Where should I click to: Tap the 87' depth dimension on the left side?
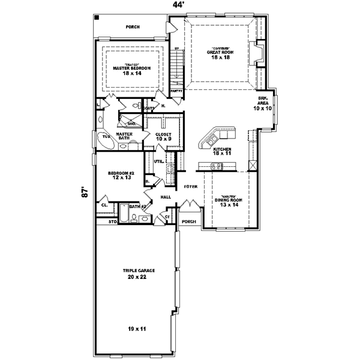86,193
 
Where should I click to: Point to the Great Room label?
219,53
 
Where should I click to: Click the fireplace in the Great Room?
259,53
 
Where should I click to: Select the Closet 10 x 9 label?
163,137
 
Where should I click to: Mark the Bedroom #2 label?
120,175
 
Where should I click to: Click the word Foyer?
191,187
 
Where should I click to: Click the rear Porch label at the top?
133,27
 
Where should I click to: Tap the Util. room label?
158,161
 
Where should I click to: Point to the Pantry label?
176,91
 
